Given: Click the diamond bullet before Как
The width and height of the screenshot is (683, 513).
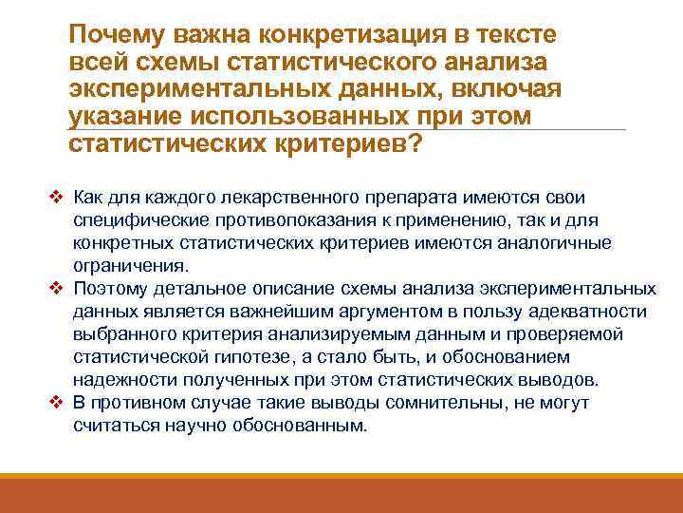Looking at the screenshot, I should pyautogui.click(x=57, y=198).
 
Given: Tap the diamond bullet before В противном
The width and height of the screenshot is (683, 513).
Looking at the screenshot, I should pyautogui.click(x=57, y=403).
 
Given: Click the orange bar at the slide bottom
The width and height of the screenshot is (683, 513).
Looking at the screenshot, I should pyautogui.click(x=341, y=494).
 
